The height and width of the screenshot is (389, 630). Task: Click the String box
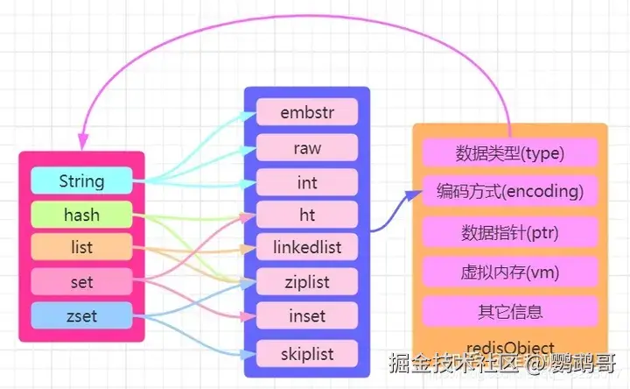[81, 181]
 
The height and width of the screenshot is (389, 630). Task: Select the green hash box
[81, 215]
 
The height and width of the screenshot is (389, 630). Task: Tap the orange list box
[81, 249]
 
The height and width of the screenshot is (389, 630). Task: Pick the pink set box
[81, 283]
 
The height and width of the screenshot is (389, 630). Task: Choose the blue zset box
[81, 315]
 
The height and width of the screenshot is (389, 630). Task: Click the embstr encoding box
[307, 113]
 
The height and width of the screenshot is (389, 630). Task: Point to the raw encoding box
[307, 147]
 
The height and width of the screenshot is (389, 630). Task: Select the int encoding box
[307, 181]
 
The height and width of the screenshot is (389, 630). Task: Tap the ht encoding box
[307, 215]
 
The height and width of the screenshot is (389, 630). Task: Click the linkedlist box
[307, 248]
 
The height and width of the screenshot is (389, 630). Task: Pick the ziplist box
[307, 282]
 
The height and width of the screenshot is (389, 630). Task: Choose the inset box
[307, 316]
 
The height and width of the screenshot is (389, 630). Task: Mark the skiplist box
[307, 354]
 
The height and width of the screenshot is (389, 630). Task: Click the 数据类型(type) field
[510, 154]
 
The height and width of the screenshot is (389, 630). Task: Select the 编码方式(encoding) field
[510, 190]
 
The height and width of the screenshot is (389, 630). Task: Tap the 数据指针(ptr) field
[510, 232]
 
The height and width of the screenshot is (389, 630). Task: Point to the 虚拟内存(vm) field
[510, 271]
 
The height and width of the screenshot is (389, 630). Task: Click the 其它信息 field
[510, 311]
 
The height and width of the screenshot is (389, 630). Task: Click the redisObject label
[510, 348]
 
